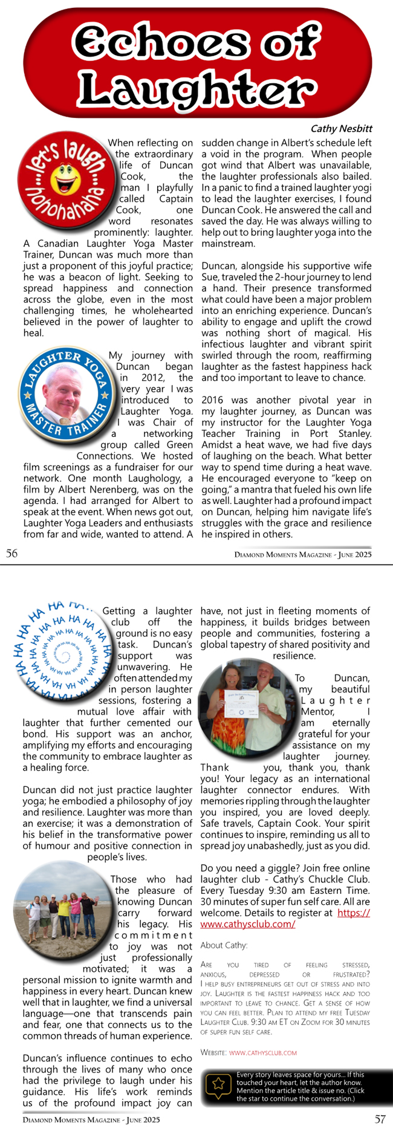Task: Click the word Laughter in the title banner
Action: point(197,89)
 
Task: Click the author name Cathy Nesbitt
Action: point(341,129)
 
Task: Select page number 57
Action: point(380,1119)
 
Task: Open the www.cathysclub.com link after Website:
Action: point(263,1052)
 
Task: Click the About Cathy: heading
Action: point(224,945)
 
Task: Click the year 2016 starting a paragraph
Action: point(212,400)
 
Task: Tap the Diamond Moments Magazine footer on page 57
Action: point(91,1119)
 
